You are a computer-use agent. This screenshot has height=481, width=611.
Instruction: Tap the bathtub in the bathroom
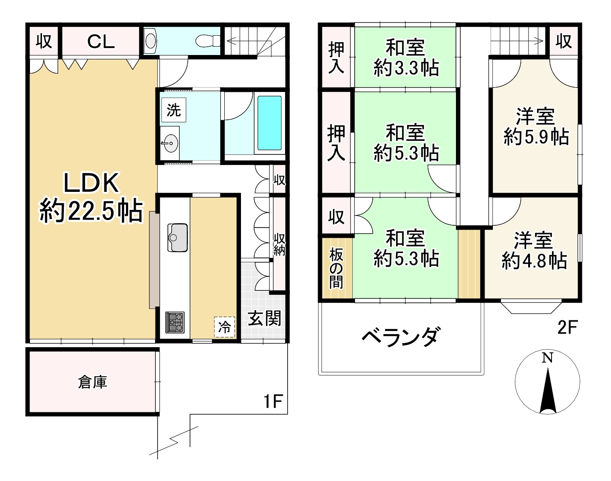270,123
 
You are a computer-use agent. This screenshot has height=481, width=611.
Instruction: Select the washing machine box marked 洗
174,110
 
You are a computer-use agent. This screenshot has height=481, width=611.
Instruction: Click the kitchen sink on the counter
178,238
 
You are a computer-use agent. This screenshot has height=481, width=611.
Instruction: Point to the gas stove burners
175,322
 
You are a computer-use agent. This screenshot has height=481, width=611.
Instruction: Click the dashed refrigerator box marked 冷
225,327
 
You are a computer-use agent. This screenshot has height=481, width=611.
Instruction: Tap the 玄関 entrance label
265,319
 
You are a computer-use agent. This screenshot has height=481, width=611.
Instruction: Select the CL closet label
101,42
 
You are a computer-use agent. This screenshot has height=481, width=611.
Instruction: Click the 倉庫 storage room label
93,382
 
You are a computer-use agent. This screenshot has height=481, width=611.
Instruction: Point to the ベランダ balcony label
401,337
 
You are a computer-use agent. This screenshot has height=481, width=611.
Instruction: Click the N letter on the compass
548,358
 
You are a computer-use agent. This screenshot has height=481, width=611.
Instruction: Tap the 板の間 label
336,268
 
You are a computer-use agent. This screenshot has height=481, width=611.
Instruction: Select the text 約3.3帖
406,68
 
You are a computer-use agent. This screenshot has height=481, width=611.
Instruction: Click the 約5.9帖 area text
536,137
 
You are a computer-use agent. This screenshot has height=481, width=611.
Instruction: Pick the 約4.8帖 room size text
534,261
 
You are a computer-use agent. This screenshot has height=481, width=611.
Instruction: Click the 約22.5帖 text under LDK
91,211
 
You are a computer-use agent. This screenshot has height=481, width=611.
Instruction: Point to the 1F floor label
273,401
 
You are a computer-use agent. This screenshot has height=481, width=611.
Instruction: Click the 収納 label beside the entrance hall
279,245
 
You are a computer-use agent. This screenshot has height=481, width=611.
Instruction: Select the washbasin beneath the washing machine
170,143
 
